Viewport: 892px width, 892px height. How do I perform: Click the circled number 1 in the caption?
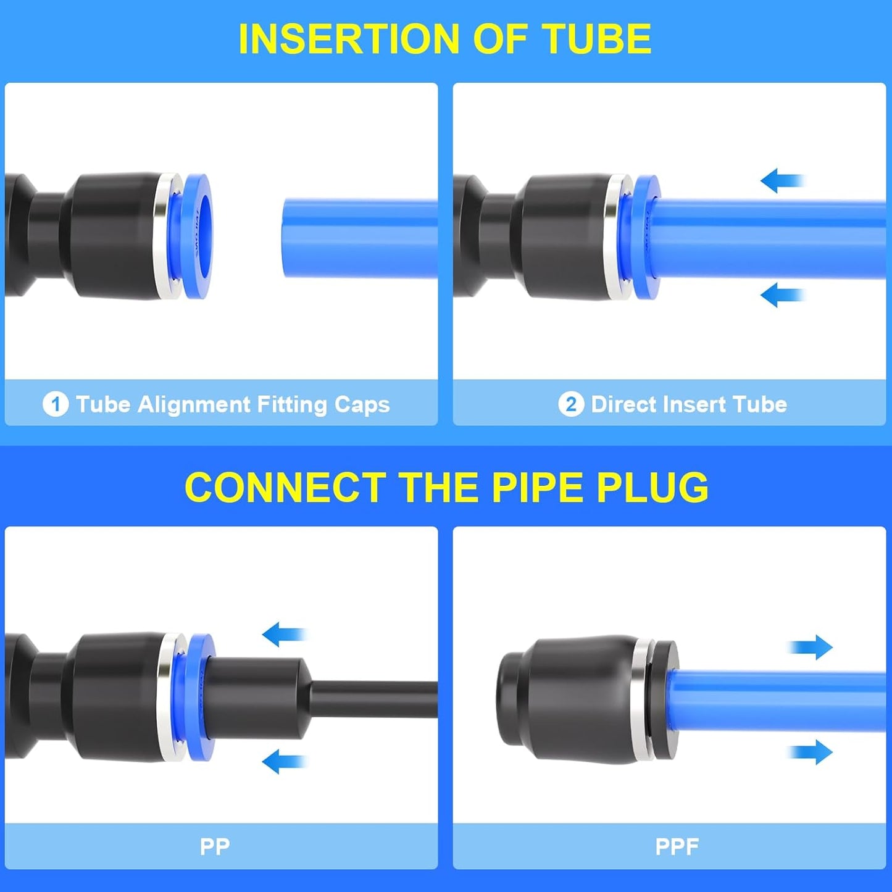[x=56, y=405]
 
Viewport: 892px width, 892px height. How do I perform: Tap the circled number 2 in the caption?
[x=571, y=405]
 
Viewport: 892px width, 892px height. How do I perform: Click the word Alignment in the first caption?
[x=194, y=405]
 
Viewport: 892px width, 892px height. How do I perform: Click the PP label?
[x=215, y=846]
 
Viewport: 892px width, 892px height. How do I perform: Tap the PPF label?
[x=677, y=846]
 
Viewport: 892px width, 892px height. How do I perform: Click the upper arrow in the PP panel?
[x=284, y=634]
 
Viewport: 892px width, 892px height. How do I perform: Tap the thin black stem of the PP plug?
[x=377, y=699]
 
